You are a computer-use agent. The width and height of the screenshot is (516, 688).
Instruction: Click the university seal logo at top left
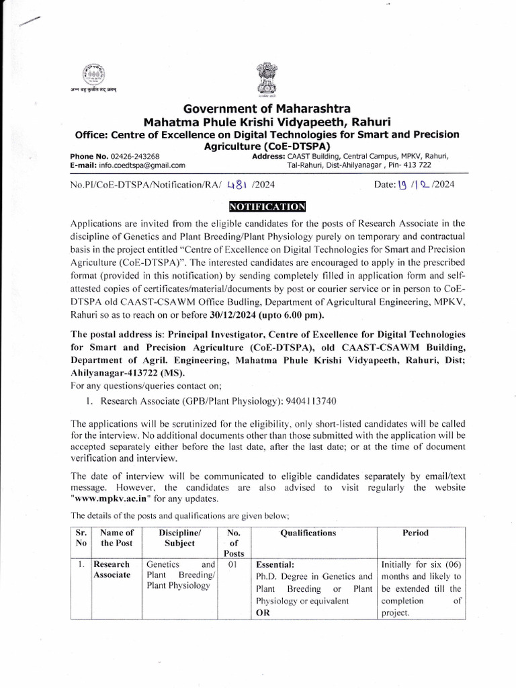91,75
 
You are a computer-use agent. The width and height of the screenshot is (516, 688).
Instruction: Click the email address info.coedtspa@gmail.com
142,165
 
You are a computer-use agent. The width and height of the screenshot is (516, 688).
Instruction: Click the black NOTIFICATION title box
267,206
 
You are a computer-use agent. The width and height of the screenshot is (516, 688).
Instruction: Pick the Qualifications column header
308,533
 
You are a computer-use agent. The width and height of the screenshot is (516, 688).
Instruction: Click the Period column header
415,533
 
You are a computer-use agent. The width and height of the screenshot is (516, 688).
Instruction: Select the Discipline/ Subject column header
177,538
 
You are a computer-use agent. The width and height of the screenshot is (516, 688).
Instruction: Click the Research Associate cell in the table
112,570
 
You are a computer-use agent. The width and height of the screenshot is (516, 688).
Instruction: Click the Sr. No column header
81,538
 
